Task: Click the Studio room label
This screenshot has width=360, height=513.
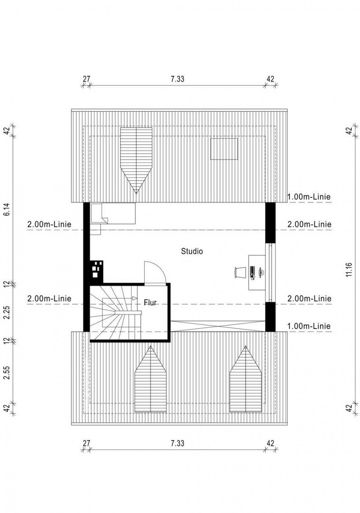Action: point(192,251)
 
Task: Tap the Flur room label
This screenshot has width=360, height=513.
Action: point(150,303)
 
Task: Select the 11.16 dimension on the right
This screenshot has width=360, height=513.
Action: point(349,270)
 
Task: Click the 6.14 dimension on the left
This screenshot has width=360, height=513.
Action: point(7,210)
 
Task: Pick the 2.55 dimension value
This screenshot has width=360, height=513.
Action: point(7,373)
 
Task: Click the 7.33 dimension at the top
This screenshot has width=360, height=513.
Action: point(177,79)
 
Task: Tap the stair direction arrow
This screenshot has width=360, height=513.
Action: point(135,298)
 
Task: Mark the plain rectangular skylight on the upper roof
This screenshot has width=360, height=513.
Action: point(224,149)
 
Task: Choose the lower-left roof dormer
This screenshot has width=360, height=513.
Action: point(151,379)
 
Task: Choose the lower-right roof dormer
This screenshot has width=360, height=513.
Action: point(246,379)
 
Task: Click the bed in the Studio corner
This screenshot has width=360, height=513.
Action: point(113,213)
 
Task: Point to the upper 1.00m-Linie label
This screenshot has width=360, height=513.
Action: point(309,197)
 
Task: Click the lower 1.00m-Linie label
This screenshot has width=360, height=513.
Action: point(309,326)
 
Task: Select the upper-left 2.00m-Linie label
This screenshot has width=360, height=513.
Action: point(49,224)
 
